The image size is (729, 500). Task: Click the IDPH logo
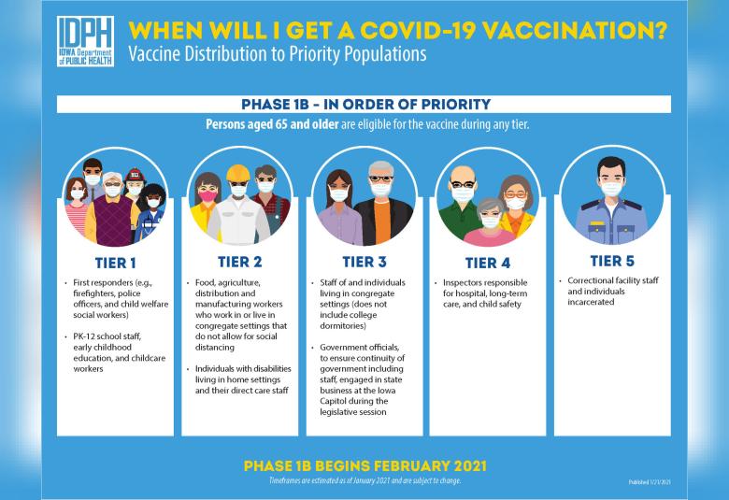(x=85, y=41)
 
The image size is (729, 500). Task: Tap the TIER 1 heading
(x=115, y=264)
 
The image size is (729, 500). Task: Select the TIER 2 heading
(x=240, y=262)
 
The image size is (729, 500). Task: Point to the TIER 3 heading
(x=364, y=262)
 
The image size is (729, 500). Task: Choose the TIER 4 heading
(x=488, y=264)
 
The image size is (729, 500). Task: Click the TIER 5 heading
(x=612, y=261)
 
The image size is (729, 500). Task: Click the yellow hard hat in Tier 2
(x=238, y=173)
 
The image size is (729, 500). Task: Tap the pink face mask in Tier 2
(x=207, y=195)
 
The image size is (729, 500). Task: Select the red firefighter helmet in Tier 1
(x=135, y=175)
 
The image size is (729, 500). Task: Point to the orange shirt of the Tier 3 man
(x=381, y=222)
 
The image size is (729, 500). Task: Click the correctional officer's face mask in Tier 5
(x=611, y=189)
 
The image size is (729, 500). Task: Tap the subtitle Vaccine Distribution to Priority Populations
(x=277, y=54)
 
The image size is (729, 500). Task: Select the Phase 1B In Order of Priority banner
(x=364, y=104)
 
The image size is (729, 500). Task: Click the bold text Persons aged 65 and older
(x=272, y=124)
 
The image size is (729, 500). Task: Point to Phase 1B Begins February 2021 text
(x=364, y=466)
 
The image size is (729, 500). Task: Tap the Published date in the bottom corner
(x=650, y=482)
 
